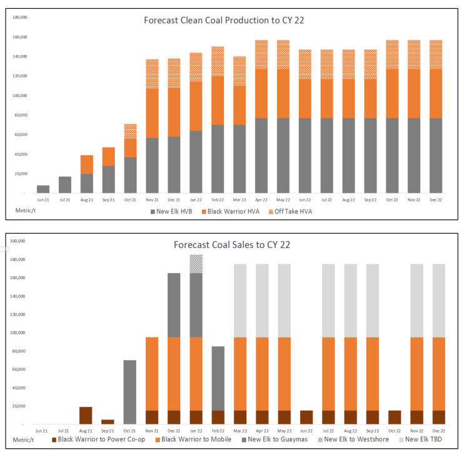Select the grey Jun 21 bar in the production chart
[43, 189]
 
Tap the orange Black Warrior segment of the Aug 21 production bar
[87, 164]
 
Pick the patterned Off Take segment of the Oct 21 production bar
[130, 131]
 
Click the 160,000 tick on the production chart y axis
[18, 37]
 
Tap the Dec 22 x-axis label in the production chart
[436, 200]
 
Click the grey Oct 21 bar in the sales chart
[130, 392]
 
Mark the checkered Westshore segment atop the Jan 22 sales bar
[196, 264]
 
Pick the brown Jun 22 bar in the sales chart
[305, 417]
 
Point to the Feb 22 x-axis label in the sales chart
[218, 431]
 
